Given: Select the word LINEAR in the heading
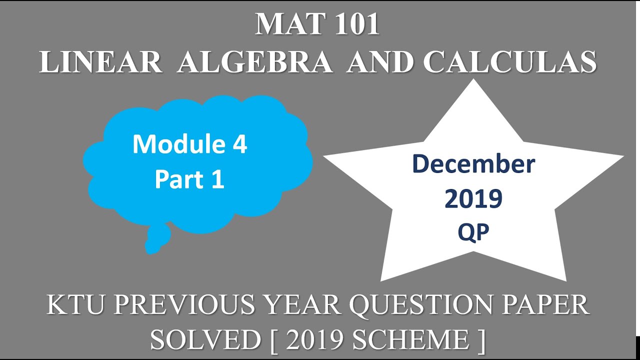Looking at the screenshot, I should (x=100, y=62).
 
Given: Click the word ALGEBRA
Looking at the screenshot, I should (x=254, y=62).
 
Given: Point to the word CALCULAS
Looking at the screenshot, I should (x=509, y=62).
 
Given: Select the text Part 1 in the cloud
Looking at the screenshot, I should (x=189, y=179).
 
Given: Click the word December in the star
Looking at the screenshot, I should (x=473, y=164).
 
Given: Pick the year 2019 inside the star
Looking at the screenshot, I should (x=473, y=199).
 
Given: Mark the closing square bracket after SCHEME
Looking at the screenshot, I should (x=481, y=339).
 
